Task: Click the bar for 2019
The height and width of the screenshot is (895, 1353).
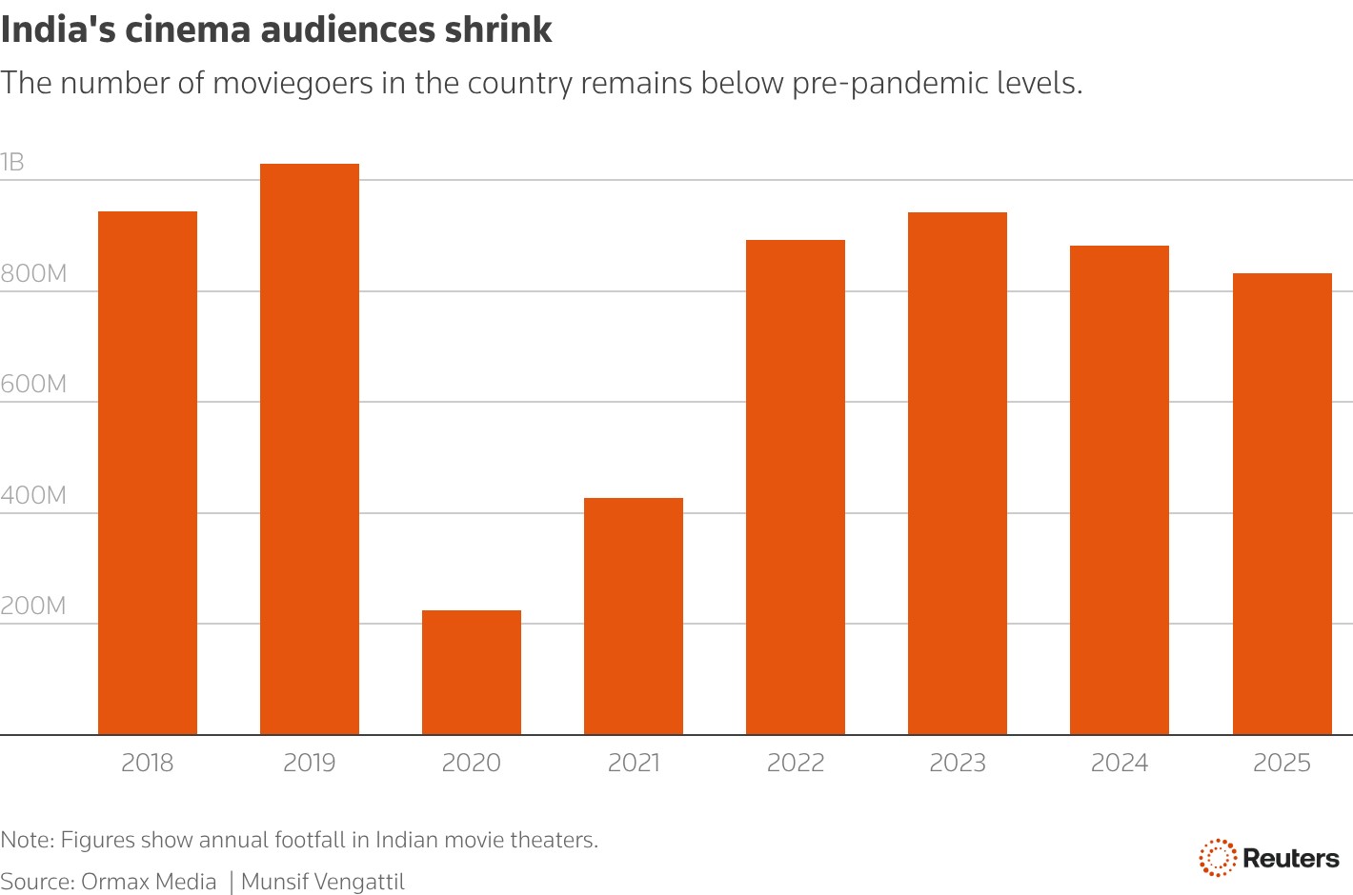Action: (310, 448)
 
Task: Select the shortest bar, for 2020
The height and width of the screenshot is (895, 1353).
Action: (472, 672)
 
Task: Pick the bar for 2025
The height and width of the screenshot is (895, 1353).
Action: (1282, 504)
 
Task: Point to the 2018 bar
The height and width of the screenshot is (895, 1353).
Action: (148, 472)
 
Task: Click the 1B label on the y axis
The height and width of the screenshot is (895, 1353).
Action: (12, 163)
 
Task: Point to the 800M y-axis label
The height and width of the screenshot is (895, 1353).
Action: (33, 274)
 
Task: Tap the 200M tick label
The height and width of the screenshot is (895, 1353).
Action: (33, 607)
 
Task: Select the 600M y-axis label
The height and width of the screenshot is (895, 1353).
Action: (33, 385)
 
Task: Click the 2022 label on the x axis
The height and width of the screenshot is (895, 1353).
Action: (796, 763)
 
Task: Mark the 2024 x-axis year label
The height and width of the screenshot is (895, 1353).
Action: (1120, 763)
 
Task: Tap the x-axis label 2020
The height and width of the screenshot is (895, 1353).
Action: (472, 763)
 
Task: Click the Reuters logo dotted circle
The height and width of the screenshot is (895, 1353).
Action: (1217, 858)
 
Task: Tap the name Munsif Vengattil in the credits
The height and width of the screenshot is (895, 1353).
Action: (323, 882)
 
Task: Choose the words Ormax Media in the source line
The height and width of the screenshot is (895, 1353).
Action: (149, 882)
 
